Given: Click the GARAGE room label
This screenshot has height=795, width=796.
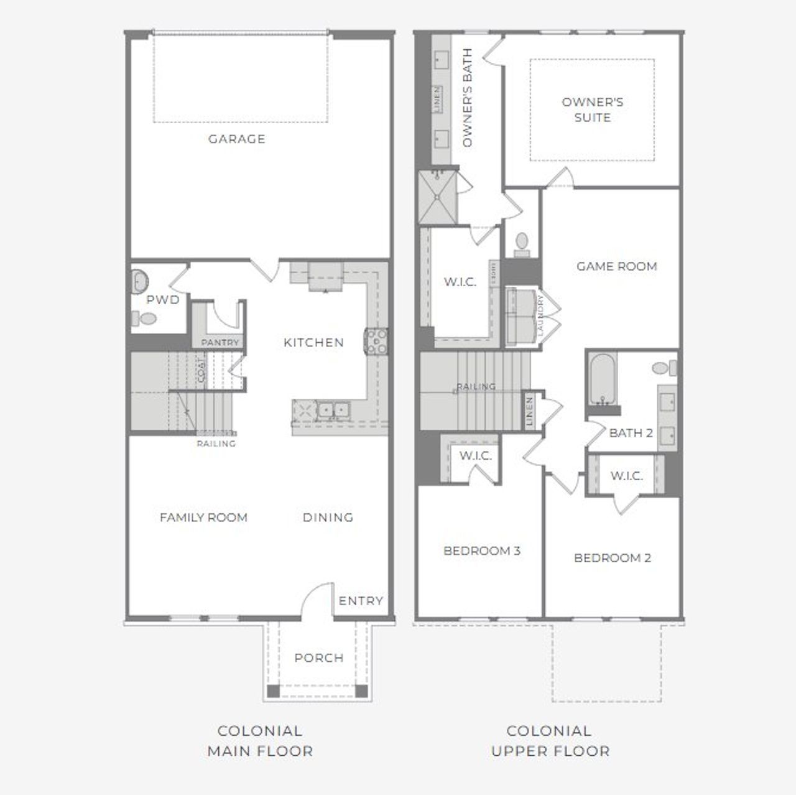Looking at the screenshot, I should click(236, 139).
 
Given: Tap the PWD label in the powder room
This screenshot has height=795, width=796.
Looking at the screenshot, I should click(163, 300).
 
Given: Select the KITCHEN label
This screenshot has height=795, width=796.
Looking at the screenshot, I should click(313, 342).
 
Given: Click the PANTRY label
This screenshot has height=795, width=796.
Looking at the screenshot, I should click(220, 343).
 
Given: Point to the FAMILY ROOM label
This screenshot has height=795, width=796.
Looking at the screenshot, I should click(203, 517).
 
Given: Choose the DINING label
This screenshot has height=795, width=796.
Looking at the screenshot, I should click(328, 517).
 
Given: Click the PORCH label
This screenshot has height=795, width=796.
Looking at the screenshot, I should click(318, 658).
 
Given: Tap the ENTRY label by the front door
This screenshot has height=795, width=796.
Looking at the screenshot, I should click(361, 600).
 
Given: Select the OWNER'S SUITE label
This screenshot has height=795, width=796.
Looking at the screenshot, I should click(592, 109).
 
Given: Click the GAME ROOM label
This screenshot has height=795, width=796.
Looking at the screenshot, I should click(616, 266).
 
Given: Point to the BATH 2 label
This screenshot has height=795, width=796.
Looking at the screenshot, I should click(631, 433).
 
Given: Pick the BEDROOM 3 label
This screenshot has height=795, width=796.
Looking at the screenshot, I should click(481, 551).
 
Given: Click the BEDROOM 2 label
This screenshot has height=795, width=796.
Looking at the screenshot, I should click(612, 558).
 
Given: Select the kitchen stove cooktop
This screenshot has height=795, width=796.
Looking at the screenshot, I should click(376, 342).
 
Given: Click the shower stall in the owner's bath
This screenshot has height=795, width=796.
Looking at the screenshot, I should click(438, 197).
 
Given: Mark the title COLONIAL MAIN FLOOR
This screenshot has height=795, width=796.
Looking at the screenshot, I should click(260, 741).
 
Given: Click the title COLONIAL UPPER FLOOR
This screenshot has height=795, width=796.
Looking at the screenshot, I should click(550, 741).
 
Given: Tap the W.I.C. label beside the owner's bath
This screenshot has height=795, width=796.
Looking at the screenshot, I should click(460, 282).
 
